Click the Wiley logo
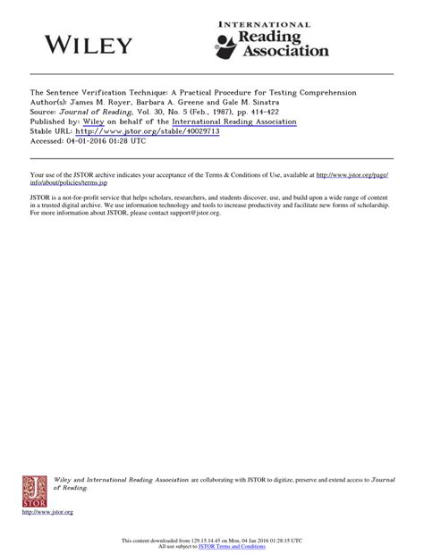click(x=89, y=46)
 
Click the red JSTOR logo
click(x=35, y=491)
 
